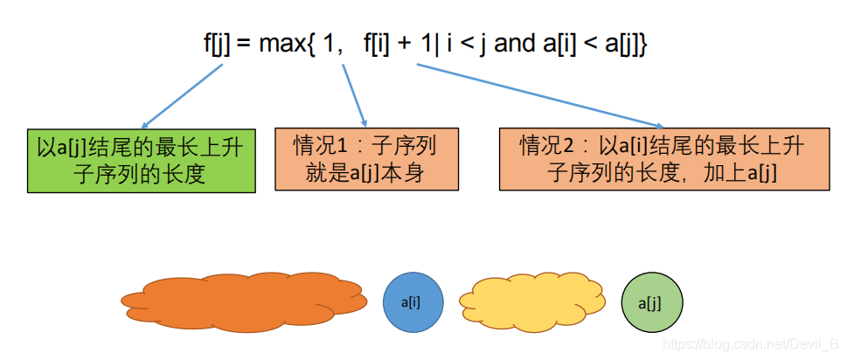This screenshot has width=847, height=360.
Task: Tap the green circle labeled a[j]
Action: (x=651, y=303)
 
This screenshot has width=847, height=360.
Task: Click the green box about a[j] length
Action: (x=141, y=160)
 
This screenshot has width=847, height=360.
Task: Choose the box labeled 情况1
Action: (x=365, y=159)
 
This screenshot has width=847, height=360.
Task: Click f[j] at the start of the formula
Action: (x=216, y=44)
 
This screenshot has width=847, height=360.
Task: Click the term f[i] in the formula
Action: (x=378, y=44)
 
